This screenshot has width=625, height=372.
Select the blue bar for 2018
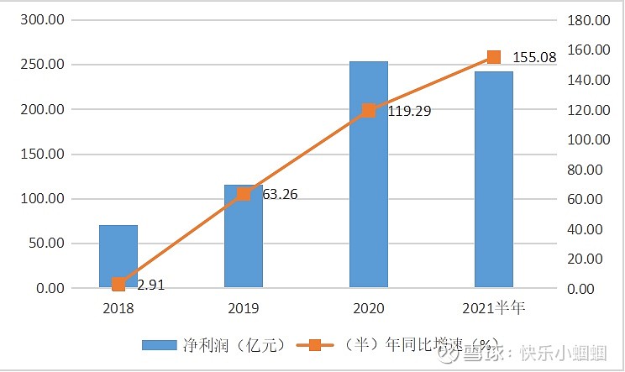[x=118, y=256]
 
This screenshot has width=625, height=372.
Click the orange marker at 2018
[x=118, y=284]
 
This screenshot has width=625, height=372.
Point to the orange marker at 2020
[x=368, y=111]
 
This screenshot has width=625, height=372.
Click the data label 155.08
[x=533, y=57]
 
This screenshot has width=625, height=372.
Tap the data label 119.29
[x=409, y=110]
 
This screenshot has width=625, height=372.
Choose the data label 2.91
[x=150, y=285]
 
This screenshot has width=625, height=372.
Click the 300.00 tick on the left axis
[x=41, y=20]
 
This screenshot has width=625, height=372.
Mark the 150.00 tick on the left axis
[x=41, y=155]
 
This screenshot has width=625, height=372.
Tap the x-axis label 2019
[x=243, y=308]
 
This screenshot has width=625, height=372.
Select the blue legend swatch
[x=158, y=345]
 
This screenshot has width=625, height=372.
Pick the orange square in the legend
[x=315, y=345]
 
